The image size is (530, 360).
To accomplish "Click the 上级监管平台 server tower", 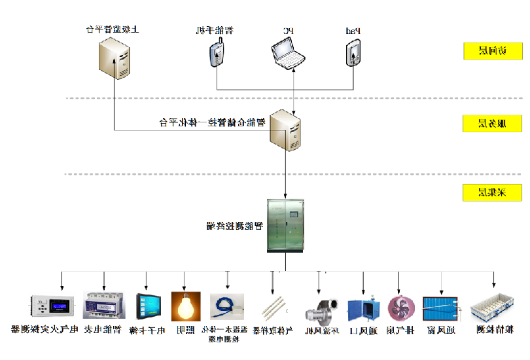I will [115, 57].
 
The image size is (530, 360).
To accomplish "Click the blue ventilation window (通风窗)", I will [442, 309].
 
